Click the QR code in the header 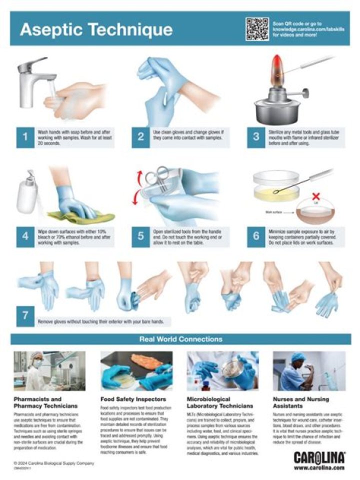[x=257, y=28]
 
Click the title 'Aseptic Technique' [x=96, y=29]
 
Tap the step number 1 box [x=25, y=137]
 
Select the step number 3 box [x=256, y=137]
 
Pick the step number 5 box [x=140, y=236]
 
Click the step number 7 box [x=25, y=316]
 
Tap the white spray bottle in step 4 [x=26, y=192]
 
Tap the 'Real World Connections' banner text [x=180, y=339]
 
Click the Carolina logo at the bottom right [x=318, y=457]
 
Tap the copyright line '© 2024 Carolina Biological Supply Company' [x=53, y=463]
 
